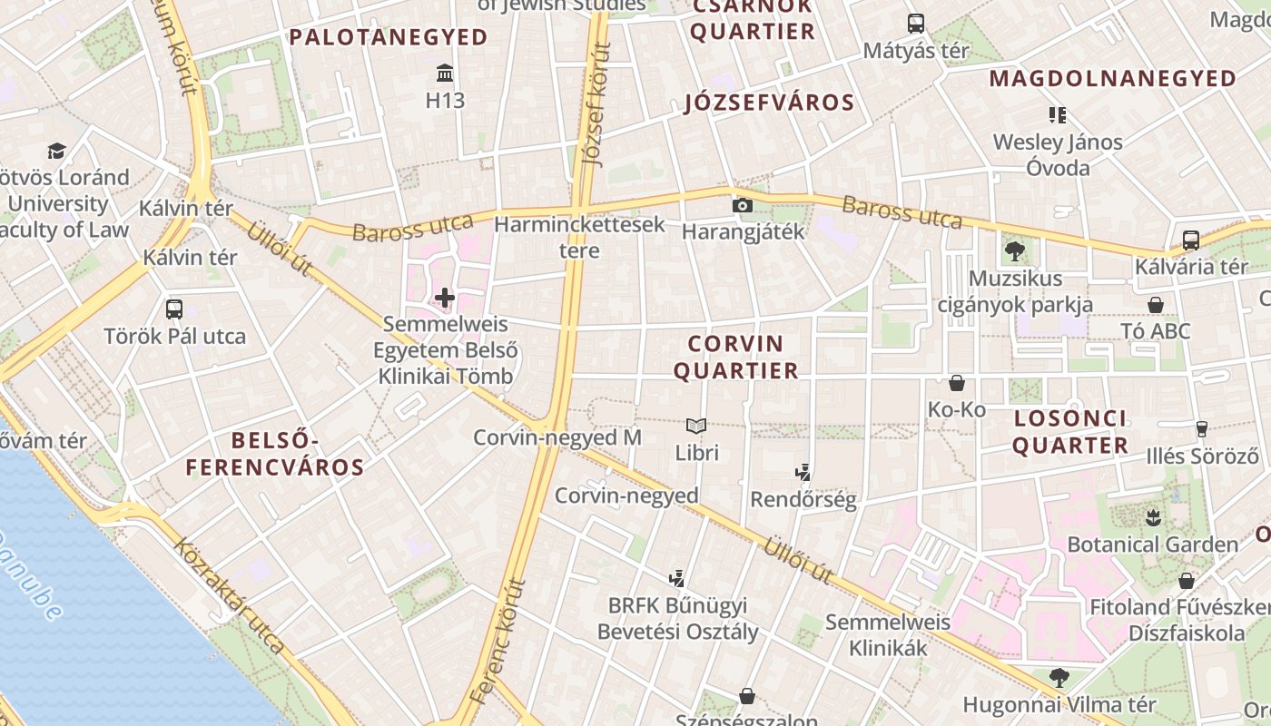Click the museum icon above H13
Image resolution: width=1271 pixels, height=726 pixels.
(x=445, y=73)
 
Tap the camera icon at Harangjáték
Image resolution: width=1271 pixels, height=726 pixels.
(x=743, y=205)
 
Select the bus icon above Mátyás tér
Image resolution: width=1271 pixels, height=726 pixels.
(x=915, y=24)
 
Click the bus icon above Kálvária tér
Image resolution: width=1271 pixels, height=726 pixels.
(x=1190, y=240)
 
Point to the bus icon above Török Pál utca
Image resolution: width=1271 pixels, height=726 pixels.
(x=174, y=309)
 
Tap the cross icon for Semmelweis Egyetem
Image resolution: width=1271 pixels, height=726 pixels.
(x=445, y=297)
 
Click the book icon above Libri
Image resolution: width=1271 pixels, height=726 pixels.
(x=696, y=426)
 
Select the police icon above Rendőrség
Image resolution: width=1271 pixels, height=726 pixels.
(x=803, y=472)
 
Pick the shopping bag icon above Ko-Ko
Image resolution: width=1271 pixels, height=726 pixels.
(x=956, y=383)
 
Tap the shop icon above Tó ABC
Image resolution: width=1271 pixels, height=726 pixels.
(x=1156, y=305)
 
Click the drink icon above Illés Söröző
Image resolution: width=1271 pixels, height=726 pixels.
(x=1202, y=428)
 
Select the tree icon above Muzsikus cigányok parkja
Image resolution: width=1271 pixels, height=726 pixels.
(x=1014, y=251)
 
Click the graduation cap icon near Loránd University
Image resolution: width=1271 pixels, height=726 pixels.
(x=57, y=151)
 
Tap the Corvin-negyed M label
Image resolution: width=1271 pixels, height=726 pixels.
(x=557, y=437)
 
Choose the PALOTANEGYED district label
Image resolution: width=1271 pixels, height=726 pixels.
(x=389, y=37)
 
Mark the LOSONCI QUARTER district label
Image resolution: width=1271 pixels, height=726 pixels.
(x=1070, y=432)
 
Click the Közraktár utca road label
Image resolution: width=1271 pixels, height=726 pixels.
(x=231, y=595)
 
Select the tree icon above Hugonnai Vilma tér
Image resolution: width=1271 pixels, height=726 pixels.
(x=1059, y=677)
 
